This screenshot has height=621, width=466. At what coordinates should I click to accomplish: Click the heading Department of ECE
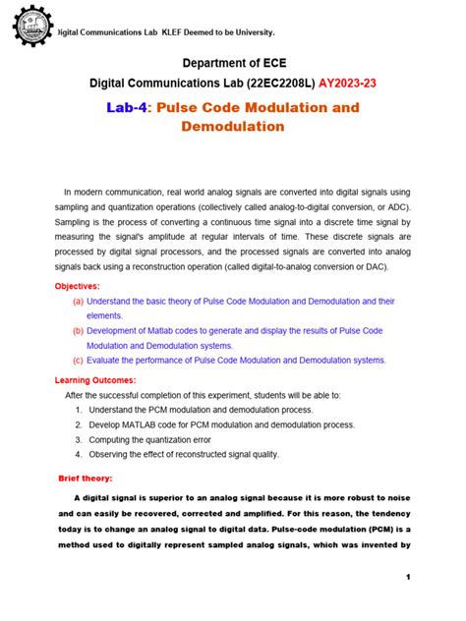point(232,64)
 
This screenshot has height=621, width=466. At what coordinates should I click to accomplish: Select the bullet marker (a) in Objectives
point(77,301)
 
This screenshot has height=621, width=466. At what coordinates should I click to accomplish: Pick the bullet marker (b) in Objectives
point(77,331)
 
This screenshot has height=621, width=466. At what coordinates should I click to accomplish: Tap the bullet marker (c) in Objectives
point(77,361)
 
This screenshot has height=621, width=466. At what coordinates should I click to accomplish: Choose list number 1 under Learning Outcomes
point(78,409)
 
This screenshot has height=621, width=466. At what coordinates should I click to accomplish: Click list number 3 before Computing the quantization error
point(78,439)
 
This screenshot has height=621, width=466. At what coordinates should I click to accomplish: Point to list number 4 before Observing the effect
point(78,454)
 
